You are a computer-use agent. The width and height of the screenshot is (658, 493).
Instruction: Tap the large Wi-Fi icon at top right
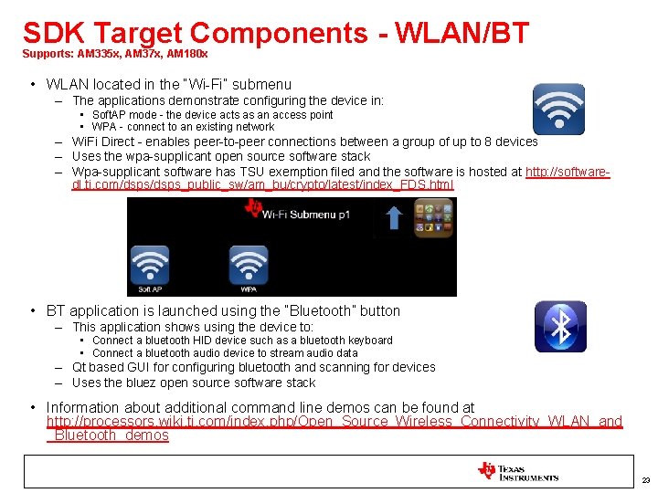558,110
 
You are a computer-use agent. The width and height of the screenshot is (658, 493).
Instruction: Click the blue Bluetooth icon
560,326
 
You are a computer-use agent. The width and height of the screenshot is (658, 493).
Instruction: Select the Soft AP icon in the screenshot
150,267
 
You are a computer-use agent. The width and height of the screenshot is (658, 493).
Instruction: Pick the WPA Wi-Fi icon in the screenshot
248,267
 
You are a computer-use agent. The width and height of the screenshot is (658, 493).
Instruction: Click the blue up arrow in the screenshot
394,217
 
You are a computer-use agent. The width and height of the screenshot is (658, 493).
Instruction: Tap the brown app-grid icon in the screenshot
433,218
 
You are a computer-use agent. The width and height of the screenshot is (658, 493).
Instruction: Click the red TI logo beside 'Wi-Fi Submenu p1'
253,209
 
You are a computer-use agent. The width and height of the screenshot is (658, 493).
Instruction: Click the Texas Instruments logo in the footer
517,472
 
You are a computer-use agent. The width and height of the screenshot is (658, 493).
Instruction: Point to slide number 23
645,480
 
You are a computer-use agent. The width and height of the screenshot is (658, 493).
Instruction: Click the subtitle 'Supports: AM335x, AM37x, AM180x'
115,55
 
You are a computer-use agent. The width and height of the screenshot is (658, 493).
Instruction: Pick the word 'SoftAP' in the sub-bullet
110,115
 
